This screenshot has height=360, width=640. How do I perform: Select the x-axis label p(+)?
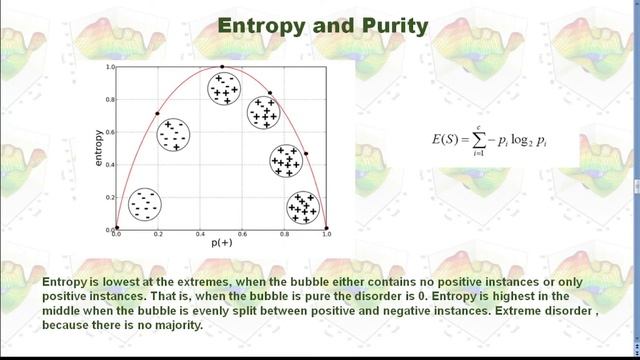pos(222,243)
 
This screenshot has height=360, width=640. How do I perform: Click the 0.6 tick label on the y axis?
pos(110,132)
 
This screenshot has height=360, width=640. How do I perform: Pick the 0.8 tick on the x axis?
pos(284,234)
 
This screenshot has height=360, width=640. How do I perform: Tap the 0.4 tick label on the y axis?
pos(110,165)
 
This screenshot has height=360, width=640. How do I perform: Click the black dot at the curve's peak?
pos(222,67)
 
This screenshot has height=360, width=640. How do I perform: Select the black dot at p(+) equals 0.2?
pos(157,114)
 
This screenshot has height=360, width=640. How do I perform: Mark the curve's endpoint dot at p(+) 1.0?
pos(326,229)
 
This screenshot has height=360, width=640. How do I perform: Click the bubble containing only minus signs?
pos(145,204)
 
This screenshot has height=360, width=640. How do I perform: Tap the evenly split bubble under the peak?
pos(225,88)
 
